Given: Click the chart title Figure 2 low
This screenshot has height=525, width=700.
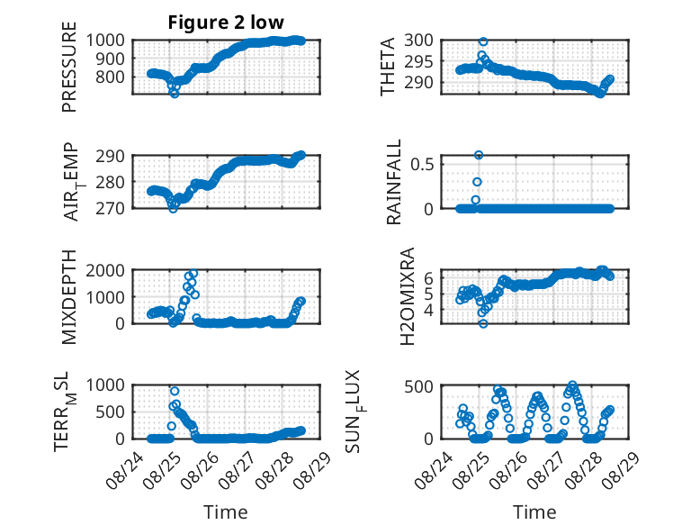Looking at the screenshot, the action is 226,23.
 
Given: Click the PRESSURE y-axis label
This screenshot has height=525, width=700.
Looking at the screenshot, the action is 69,67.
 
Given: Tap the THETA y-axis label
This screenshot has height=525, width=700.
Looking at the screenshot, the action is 388,67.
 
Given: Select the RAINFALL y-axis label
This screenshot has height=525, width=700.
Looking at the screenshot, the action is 394,182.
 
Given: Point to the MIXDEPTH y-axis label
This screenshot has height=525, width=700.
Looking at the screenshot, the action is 69,297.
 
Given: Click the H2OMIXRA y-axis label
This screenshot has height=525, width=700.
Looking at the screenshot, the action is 408,296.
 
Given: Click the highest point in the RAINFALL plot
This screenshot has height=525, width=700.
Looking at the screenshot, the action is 479,155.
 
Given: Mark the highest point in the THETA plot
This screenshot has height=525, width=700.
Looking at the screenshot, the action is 483,41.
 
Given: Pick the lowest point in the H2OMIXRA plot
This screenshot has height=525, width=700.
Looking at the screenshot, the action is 483,323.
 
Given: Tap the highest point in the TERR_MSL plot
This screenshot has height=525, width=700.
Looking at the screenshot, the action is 175,391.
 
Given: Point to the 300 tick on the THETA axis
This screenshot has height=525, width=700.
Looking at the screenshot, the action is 418,41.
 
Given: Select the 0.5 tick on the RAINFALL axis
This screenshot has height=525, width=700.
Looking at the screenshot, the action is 422,164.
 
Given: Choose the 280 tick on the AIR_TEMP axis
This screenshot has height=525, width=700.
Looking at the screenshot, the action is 111,182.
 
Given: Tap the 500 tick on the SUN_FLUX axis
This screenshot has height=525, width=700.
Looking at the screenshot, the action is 418,386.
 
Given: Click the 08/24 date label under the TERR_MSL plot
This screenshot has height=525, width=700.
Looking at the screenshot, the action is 125,470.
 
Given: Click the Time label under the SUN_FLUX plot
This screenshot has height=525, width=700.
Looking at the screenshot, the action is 534,512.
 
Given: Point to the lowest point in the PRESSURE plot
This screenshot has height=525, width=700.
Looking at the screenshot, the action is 175,94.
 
